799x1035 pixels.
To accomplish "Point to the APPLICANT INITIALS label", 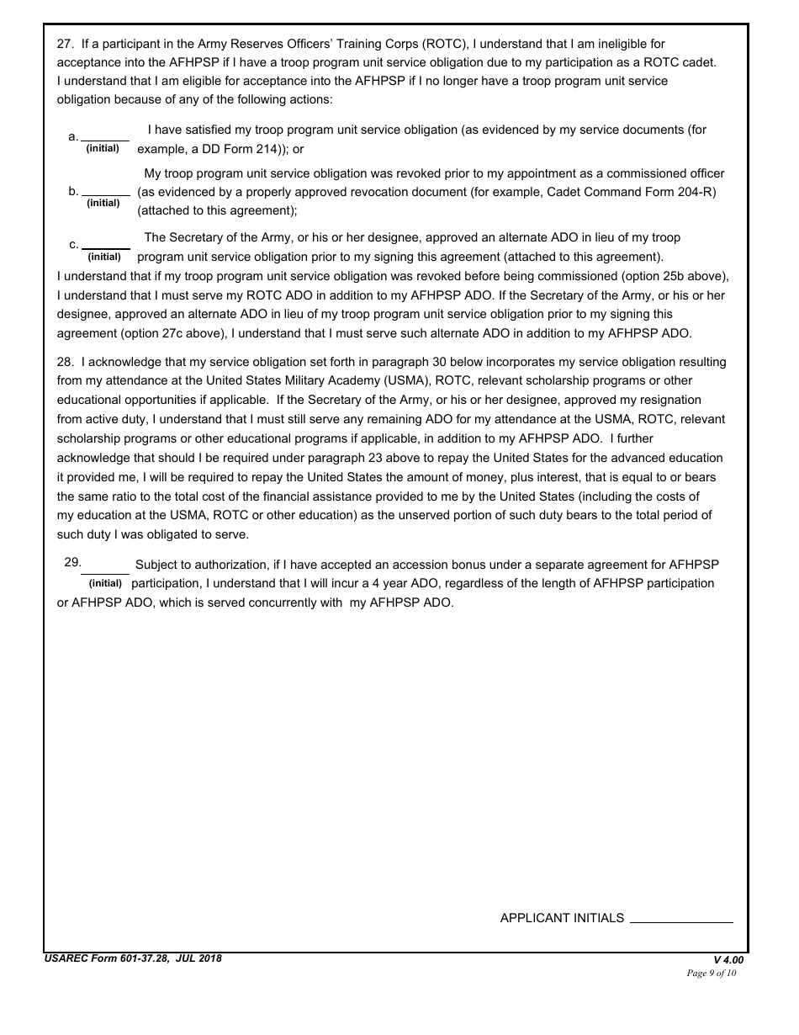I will point(562,918).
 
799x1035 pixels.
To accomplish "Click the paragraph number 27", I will point(65,44).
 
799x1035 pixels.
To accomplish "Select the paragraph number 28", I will point(65,362).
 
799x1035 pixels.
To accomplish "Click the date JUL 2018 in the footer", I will point(202,958).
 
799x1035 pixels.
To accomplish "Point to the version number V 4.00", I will point(728,960).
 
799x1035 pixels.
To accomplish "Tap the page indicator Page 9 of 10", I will point(712,974).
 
